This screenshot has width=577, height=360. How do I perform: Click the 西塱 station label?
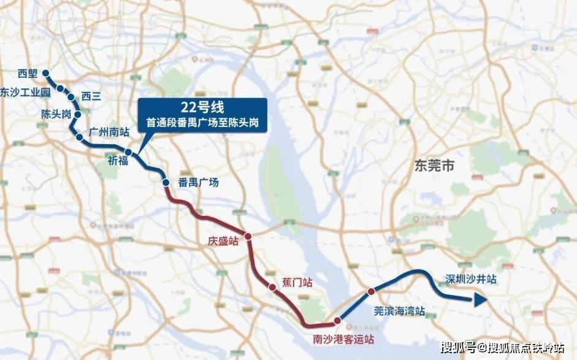(28, 74)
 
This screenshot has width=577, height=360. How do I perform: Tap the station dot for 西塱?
(46, 75)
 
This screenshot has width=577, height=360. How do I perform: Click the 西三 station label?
(90, 96)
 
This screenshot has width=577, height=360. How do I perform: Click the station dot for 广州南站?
(80, 137)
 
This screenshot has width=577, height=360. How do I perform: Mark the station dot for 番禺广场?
(165, 182)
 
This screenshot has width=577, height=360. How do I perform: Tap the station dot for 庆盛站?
(248, 236)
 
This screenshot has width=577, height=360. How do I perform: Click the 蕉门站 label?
(297, 283)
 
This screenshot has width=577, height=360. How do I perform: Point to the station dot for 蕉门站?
(272, 286)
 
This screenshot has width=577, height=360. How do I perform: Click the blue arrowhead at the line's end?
(480, 299)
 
